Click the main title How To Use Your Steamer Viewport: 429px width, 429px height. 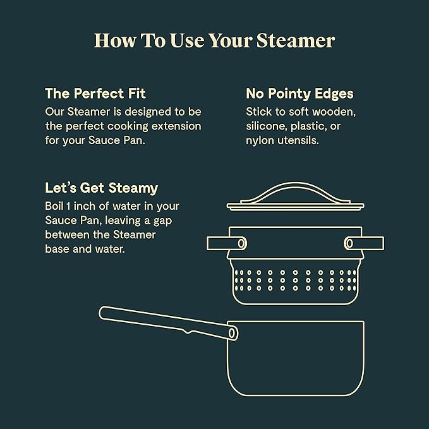pos(214,40)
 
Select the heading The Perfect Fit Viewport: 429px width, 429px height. pos(95,94)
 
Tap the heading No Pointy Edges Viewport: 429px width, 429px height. pos(299,94)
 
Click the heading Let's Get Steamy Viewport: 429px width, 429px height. pos(101,188)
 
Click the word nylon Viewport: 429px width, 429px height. pos(260,140)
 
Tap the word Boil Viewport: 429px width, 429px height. pos(56,206)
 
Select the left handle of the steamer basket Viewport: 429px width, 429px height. pos(226,243)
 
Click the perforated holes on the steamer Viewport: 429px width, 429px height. pos(295,280)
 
